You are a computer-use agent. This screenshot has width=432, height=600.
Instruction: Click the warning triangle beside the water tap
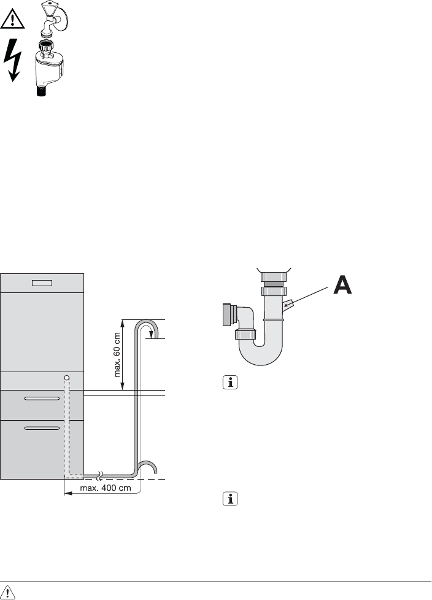click(x=13, y=20)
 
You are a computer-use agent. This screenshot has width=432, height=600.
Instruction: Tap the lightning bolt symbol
click(x=13, y=60)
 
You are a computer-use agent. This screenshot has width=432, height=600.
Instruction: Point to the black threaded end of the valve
click(x=41, y=92)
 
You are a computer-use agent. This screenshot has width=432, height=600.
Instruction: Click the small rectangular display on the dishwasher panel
click(x=42, y=282)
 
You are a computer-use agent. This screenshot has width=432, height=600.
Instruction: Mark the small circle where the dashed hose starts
click(x=66, y=376)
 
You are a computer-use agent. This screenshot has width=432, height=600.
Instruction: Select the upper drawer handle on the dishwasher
click(x=42, y=399)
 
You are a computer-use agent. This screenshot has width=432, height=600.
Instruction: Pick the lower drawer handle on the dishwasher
click(x=42, y=427)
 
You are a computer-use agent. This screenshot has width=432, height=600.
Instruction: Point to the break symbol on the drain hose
click(x=99, y=475)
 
